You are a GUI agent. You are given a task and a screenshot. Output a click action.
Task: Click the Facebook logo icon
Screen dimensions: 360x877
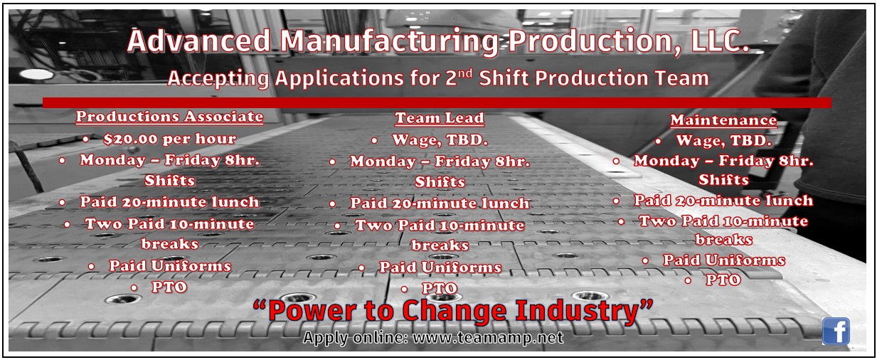[836, 332]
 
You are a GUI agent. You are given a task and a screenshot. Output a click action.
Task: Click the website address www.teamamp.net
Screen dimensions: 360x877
[487, 338]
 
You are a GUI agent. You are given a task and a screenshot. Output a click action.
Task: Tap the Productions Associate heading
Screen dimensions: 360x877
[169, 117]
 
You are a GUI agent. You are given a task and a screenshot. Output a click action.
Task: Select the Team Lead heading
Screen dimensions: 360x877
[439, 118]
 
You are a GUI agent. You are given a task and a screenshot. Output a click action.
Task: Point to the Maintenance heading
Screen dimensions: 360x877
[723, 120]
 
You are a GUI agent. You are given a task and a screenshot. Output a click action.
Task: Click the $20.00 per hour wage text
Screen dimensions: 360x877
[169, 138]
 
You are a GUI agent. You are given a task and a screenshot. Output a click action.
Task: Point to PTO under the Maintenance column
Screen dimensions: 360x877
[723, 280]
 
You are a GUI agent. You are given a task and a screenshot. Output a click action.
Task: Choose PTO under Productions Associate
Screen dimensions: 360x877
[169, 287]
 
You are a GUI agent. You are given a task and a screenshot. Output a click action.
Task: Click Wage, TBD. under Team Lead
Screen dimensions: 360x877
[440, 139]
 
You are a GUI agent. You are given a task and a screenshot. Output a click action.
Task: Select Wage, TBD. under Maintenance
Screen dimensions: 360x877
[723, 141]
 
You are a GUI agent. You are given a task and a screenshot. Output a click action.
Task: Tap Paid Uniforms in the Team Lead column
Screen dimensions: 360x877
[440, 268]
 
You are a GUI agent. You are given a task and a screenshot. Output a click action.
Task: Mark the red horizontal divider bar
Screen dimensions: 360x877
[437, 102]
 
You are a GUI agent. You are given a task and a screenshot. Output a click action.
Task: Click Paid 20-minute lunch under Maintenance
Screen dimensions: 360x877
[723, 201]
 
